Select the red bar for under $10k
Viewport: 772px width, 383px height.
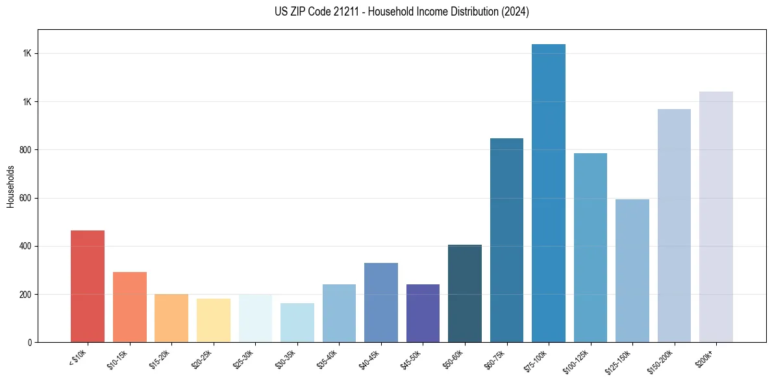(x=88, y=286)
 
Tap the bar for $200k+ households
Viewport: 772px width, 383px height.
(x=716, y=217)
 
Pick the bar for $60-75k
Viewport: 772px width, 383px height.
(x=506, y=240)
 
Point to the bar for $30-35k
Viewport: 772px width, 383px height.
(x=297, y=323)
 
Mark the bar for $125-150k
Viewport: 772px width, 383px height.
(x=632, y=271)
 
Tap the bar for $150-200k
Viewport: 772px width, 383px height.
(x=674, y=225)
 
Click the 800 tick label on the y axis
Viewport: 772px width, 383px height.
(x=25, y=150)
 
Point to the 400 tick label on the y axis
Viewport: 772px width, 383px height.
(x=25, y=247)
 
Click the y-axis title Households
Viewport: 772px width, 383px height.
(x=11, y=186)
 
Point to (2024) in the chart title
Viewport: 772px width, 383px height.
(x=515, y=12)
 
